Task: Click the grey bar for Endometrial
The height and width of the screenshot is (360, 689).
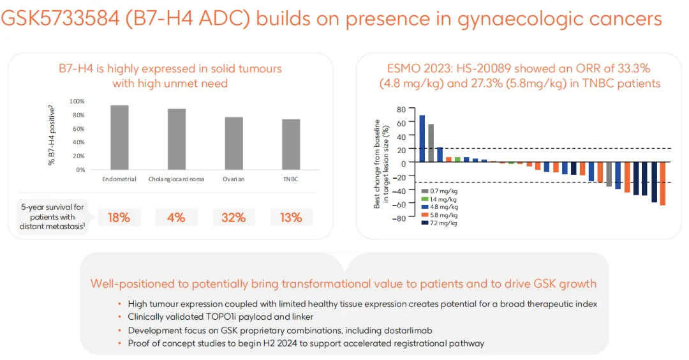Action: pos(119,137)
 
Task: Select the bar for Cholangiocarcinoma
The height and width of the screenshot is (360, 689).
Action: pos(176,139)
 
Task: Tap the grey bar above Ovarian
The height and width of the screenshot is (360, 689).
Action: pos(233,143)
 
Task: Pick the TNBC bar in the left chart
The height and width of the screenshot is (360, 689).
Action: pos(291,144)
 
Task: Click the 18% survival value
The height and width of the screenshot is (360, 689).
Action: pos(119,218)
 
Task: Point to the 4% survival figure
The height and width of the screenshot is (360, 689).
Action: pos(176,218)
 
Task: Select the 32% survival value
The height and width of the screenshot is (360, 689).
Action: pos(233,218)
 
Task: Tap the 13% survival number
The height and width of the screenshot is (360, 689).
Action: pos(291,218)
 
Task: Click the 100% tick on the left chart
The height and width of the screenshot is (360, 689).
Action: pos(77,101)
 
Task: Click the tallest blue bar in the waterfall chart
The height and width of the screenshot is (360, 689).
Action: pos(422,139)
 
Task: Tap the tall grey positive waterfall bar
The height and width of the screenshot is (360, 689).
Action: pos(431,143)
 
